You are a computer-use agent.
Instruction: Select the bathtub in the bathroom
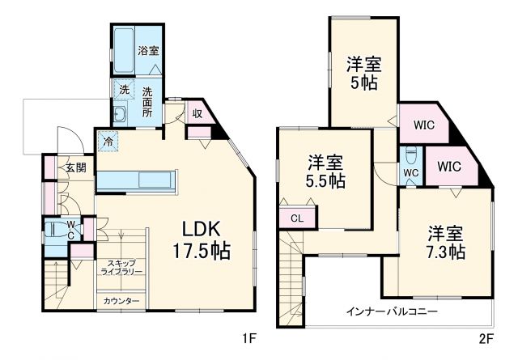pos(124,51)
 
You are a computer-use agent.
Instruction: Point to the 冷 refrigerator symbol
pos(108,140)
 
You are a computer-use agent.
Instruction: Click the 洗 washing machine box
pos(124,89)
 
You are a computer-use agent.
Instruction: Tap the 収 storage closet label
pos(197,113)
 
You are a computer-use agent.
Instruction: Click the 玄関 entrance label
pos(75,168)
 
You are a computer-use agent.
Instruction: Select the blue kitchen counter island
pos(135,180)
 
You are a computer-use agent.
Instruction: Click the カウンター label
pos(121,302)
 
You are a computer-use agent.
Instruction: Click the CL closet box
pos(296,217)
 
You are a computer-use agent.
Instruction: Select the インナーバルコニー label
pos(392,311)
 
